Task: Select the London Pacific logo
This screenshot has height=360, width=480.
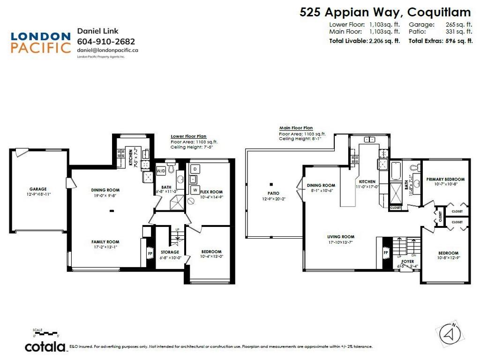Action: click(x=40, y=42)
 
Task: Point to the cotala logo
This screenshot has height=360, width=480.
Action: click(x=45, y=347)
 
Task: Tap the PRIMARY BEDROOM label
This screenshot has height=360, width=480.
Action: click(x=445, y=179)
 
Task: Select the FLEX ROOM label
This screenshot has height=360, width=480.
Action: click(x=211, y=192)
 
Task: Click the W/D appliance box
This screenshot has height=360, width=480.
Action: click(x=161, y=170)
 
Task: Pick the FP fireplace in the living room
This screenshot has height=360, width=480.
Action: click(x=386, y=252)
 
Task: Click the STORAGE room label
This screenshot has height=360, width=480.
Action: click(x=170, y=252)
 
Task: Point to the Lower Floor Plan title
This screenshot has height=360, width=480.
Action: click(x=188, y=136)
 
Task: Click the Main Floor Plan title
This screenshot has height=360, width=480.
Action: click(x=296, y=127)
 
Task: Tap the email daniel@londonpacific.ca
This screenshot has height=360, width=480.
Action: click(x=107, y=50)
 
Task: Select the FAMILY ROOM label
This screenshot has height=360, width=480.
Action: click(x=105, y=242)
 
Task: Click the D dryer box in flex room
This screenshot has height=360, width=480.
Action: click(x=195, y=168)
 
